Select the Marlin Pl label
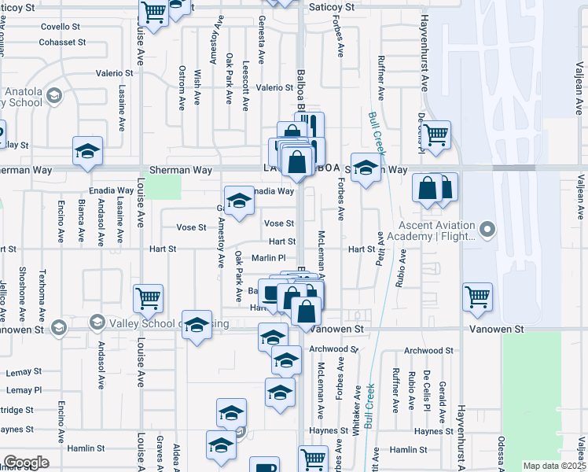pyautogui.click(x=267, y=257)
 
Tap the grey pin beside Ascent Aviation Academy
pyautogui.click(x=488, y=230)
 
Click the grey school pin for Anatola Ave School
pyautogui.click(x=54, y=96)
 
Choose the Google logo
pyautogui.click(x=26, y=462)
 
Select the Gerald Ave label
pyautogui.click(x=443, y=396)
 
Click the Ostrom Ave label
pyautogui.click(x=182, y=87)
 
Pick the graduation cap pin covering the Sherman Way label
pyautogui.click(x=366, y=168)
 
